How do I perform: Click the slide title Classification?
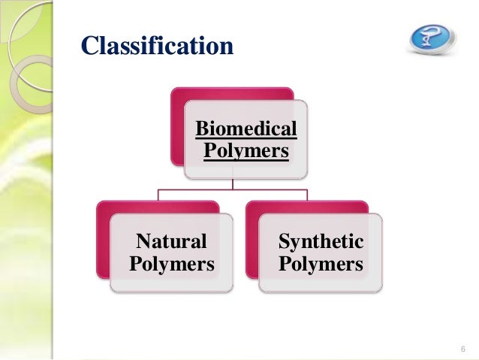(156, 46)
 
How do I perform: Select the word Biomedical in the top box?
(246, 130)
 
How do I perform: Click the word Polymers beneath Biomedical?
(246, 151)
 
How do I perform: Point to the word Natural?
(171, 242)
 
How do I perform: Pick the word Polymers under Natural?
(172, 265)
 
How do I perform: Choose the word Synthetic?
(321, 242)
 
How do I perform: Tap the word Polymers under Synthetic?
(321, 265)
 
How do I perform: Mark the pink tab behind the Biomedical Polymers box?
(225, 94)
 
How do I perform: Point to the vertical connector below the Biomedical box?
(232, 184)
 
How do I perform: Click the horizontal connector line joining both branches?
(232, 191)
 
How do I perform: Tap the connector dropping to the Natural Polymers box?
(158, 195)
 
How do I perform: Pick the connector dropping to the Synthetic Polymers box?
(307, 195)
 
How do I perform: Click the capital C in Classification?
(90, 46)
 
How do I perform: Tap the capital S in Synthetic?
(285, 242)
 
